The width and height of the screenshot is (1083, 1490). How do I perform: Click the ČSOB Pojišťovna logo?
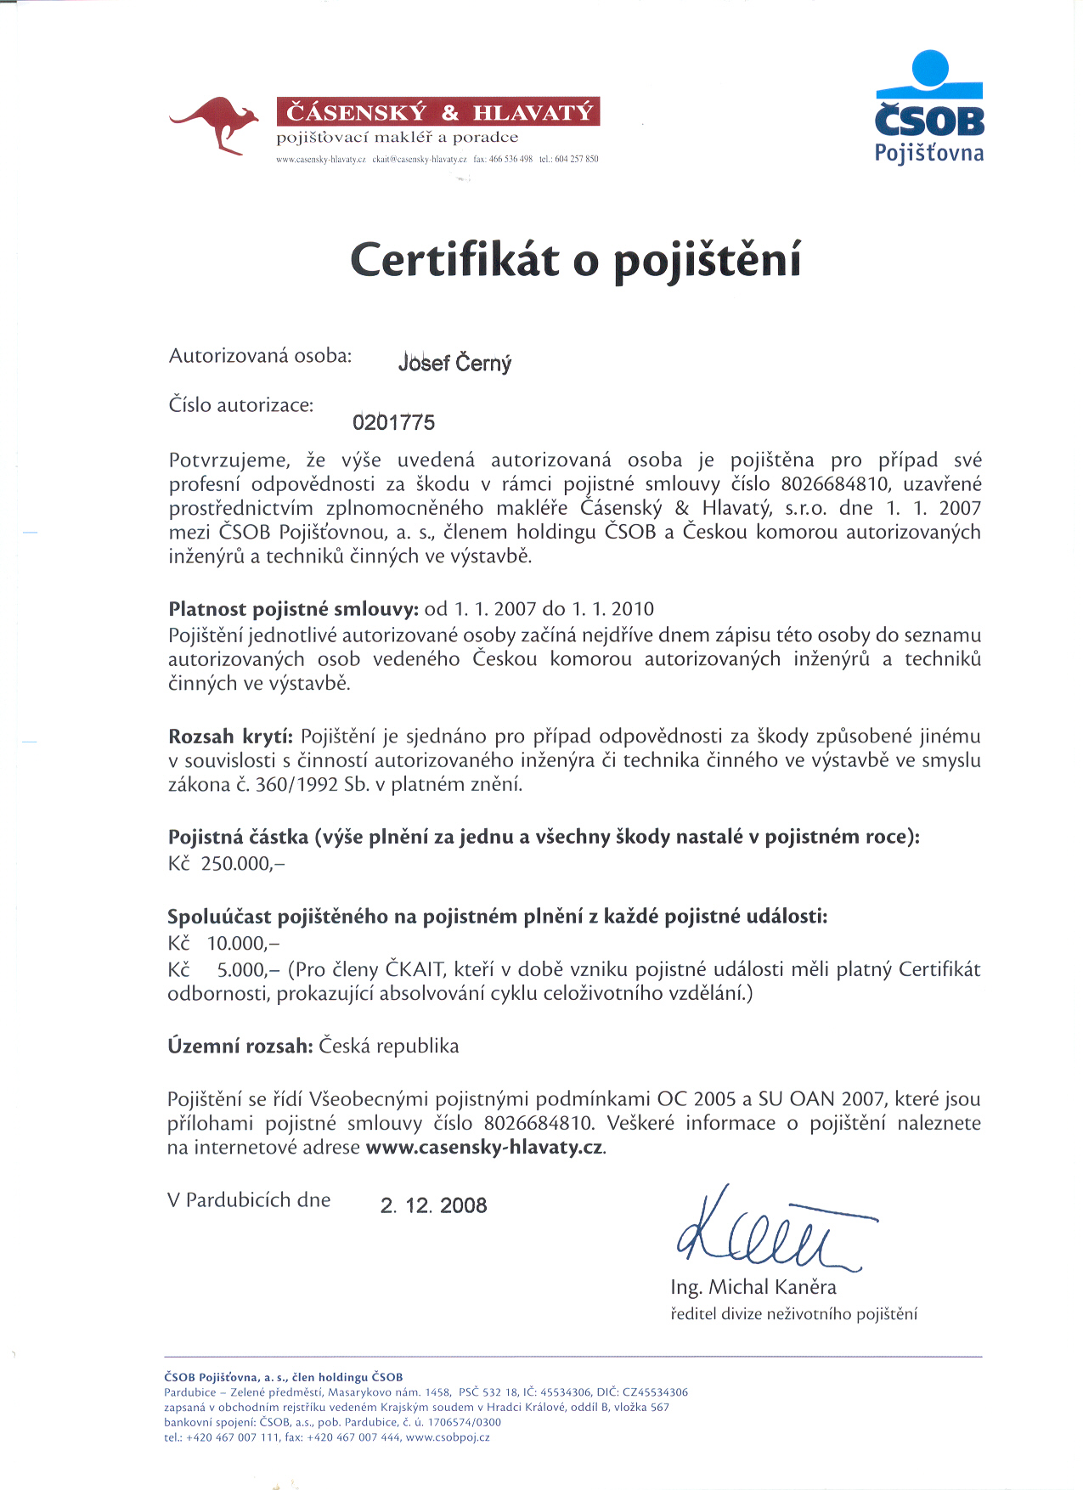929,107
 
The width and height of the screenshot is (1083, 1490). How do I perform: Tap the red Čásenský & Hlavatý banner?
438,112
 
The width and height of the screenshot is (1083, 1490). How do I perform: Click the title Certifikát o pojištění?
576,261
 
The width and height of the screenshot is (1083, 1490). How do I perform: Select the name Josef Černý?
454,364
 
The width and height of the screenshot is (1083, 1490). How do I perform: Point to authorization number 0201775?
393,423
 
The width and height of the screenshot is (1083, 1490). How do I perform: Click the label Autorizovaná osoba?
260,356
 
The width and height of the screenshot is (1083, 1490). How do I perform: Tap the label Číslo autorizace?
241,405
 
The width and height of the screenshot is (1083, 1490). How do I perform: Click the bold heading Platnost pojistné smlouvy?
293,609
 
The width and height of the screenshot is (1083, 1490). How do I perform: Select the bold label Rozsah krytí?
230,737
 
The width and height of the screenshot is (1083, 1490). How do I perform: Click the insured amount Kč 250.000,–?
226,864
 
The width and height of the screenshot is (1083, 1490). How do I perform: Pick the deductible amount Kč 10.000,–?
223,944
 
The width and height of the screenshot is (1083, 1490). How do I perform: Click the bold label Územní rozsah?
240,1047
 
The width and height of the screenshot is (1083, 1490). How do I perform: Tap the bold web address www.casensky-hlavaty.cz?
485,1148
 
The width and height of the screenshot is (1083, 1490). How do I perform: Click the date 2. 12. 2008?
433,1206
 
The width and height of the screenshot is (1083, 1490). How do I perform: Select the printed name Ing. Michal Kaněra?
753,1287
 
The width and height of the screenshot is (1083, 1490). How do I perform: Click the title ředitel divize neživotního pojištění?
793,1314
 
